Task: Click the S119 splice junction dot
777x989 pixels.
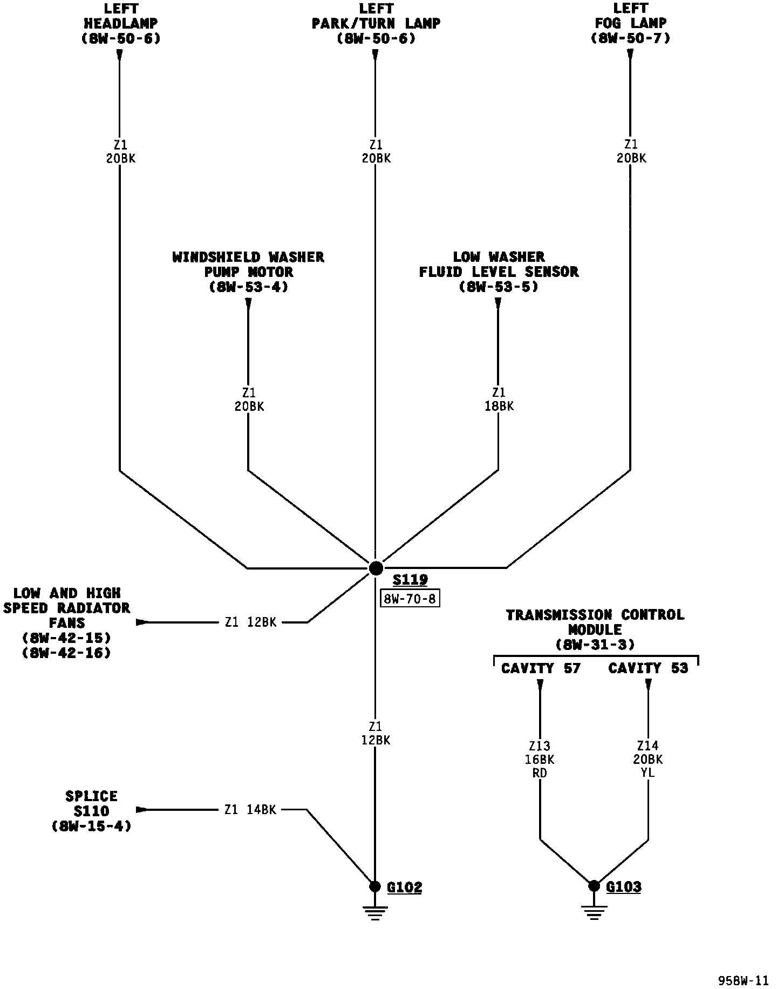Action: coord(376,568)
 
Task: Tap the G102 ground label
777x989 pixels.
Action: coord(404,886)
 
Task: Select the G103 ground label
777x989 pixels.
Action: coord(624,886)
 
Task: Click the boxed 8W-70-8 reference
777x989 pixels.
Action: coord(410,599)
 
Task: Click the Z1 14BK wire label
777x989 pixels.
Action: coord(250,810)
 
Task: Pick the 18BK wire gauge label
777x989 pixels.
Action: coord(499,406)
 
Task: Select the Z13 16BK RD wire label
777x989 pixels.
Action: coord(540,760)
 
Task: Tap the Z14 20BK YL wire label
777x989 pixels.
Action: coord(647,760)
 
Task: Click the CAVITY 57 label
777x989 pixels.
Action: coord(541,668)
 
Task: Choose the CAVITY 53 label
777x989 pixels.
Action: coord(648,668)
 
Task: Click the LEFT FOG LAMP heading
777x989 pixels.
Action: coord(630,23)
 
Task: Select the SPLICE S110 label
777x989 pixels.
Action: coord(91,804)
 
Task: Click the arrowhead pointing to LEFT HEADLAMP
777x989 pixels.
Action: coord(119,55)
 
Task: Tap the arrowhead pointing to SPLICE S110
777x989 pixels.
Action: coord(141,810)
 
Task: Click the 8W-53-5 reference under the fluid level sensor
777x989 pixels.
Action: coord(499,287)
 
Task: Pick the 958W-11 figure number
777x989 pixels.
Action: coord(742,980)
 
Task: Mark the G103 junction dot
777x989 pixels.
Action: coord(594,886)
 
